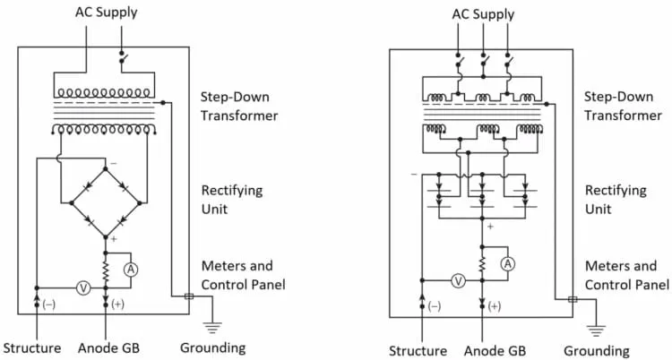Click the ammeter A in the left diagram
pyautogui.click(x=131, y=270)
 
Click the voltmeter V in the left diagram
pyautogui.click(x=83, y=288)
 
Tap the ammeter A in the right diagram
pyautogui.click(x=508, y=263)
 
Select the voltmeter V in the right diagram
pyautogui.click(x=459, y=280)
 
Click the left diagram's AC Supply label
pyautogui.click(x=107, y=13)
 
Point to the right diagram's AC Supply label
pyautogui.click(x=483, y=14)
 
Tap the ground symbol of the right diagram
pyautogui.click(x=596, y=330)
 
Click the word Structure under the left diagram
pyautogui.click(x=31, y=348)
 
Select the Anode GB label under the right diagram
pyautogui.click(x=495, y=350)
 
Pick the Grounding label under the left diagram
pyautogui.click(x=212, y=348)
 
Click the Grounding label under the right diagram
pyautogui.click(x=597, y=351)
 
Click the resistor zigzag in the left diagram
pyautogui.click(x=106, y=270)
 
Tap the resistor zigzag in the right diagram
pyautogui.click(x=483, y=263)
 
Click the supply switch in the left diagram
pyautogui.click(x=122, y=56)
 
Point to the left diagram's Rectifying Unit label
pyautogui.click(x=232, y=200)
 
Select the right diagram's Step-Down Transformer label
pyautogui.click(x=623, y=106)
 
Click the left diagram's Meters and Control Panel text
pyautogui.click(x=243, y=275)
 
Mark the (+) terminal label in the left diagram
pyautogui.click(x=117, y=304)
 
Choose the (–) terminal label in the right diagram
pyautogui.click(x=435, y=306)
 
